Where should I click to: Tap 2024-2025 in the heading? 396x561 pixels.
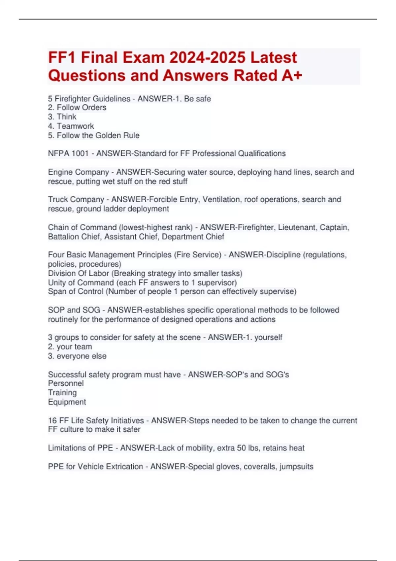208,58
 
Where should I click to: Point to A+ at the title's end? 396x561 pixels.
292,76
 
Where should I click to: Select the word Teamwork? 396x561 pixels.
75,126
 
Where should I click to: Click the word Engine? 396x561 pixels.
62,172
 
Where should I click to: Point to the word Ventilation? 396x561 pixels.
221,200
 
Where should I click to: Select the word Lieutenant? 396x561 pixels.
297,228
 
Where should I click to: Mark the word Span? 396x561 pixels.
56,292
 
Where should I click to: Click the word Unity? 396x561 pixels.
57,283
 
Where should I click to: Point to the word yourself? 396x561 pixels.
268,338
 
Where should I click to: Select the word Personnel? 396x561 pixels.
66,383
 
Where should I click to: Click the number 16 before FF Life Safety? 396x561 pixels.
52,421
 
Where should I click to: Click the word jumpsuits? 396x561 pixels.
296,467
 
